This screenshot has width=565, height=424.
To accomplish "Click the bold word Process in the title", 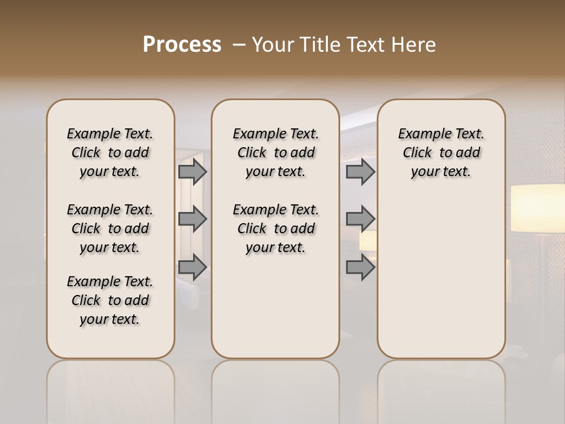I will [182, 45].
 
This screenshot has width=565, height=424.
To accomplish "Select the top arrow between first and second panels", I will [192, 172].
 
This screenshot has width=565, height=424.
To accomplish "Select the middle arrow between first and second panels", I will [192, 219].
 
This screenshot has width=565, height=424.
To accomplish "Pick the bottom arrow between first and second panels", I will [192, 267].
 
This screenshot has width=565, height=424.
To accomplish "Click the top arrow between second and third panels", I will [360, 172].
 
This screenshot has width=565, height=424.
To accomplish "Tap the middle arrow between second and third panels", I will [360, 219].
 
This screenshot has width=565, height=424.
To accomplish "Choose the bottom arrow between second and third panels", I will [360, 267].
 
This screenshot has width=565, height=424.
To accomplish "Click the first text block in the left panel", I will [110, 153].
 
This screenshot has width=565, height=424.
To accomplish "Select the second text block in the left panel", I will [110, 228].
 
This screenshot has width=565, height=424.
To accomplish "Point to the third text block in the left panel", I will [110, 300].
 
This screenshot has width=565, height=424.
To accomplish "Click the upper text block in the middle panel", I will [275, 153].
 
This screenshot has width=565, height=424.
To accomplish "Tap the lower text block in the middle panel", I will [275, 228].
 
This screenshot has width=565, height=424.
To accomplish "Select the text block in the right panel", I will [441, 153].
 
